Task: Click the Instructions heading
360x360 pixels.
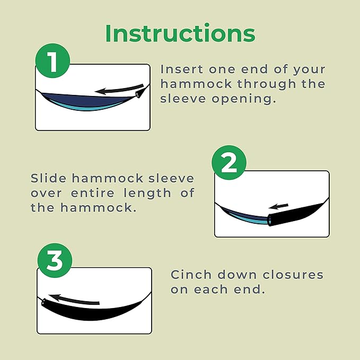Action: (x=180, y=33)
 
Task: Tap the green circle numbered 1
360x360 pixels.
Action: (x=52, y=60)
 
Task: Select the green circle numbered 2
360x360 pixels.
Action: (x=229, y=163)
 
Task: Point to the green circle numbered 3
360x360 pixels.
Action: (x=55, y=260)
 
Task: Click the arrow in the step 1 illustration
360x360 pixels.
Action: (x=119, y=89)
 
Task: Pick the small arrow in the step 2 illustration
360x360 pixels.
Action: (x=278, y=206)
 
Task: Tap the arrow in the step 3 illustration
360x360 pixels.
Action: (x=74, y=300)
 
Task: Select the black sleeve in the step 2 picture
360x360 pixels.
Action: (x=298, y=214)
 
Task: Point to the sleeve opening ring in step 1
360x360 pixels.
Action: (x=138, y=94)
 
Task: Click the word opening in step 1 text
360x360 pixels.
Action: (x=243, y=99)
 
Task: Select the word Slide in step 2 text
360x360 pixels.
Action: (x=48, y=178)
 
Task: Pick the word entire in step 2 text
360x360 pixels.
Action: (x=93, y=193)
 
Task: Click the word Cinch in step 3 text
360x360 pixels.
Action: (x=191, y=275)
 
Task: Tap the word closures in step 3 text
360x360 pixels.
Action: (x=293, y=275)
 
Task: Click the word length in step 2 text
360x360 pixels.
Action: (x=147, y=194)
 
